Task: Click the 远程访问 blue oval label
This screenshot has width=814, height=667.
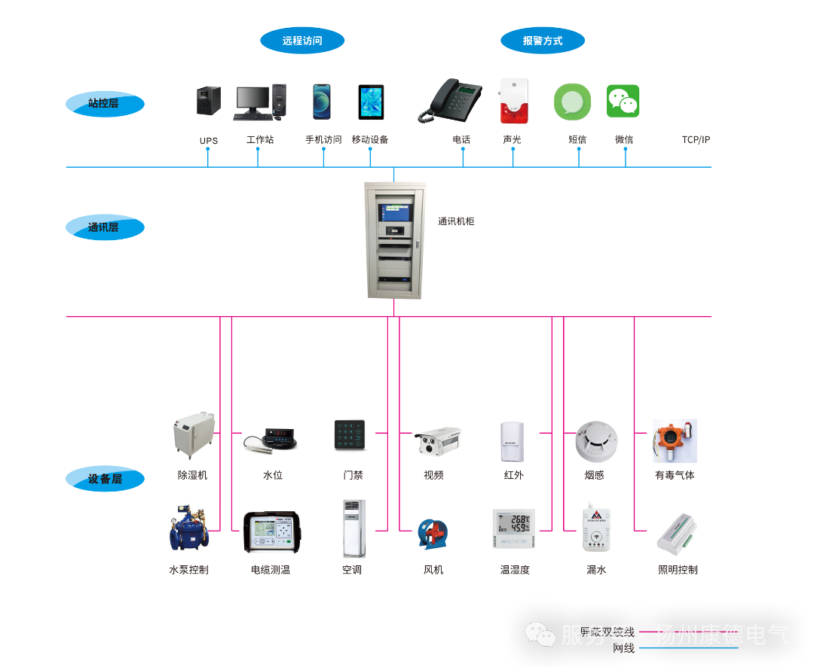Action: pyautogui.click(x=302, y=41)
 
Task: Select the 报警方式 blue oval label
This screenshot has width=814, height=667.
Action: pyautogui.click(x=543, y=41)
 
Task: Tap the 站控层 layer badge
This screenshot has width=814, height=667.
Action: pyautogui.click(x=104, y=104)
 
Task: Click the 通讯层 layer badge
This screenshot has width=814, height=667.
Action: pyautogui.click(x=104, y=227)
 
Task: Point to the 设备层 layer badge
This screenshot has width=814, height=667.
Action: pyautogui.click(x=104, y=479)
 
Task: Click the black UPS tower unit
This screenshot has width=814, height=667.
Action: pyautogui.click(x=208, y=101)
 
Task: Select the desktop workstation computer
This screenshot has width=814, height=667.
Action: pyautogui.click(x=259, y=102)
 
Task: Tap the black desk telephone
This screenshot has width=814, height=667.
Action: pyautogui.click(x=451, y=101)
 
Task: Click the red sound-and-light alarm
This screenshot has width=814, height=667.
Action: pyautogui.click(x=513, y=101)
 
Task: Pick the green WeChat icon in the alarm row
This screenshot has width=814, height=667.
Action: pyautogui.click(x=623, y=101)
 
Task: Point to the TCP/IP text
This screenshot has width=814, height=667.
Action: pyautogui.click(x=696, y=140)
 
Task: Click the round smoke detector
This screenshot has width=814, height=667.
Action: pyautogui.click(x=596, y=441)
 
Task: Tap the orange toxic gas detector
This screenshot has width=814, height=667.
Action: pyautogui.click(x=675, y=441)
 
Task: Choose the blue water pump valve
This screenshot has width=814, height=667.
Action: pyautogui.click(x=186, y=526)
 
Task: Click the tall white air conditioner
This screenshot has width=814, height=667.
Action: pyautogui.click(x=355, y=528)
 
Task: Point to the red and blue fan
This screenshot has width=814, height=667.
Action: pyautogui.click(x=433, y=534)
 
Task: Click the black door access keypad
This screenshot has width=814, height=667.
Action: pyautogui.click(x=350, y=436)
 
